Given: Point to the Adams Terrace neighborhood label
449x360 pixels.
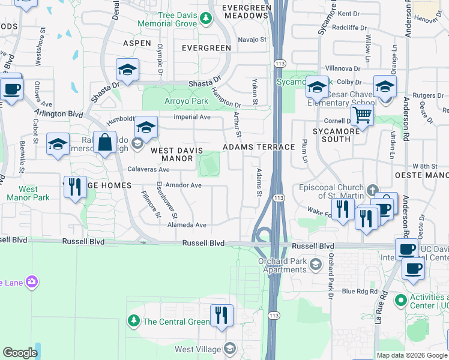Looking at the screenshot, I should [259, 147].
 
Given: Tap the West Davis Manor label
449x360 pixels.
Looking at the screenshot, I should [176, 154].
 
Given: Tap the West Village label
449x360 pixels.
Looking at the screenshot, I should [197, 349].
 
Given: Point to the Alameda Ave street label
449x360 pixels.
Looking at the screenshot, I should [187, 225].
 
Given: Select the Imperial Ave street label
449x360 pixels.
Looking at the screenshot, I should [194, 117].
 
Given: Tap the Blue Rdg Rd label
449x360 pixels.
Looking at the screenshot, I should [360, 292].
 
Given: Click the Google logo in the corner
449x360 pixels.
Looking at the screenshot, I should [20, 353].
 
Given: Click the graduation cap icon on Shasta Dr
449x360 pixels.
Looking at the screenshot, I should [127, 70].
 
